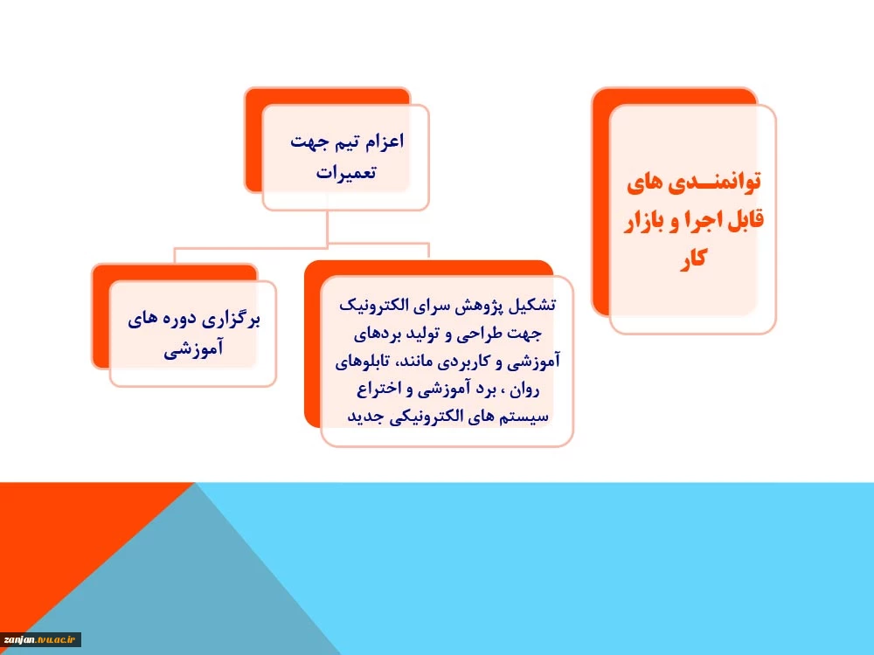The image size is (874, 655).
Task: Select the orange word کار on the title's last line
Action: [x=693, y=259]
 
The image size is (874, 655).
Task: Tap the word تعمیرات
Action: [x=346, y=171]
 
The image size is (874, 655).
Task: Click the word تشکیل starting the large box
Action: [x=535, y=305]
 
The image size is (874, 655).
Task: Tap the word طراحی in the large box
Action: [x=484, y=334]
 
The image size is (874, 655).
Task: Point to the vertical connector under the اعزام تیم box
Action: [x=327, y=227]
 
